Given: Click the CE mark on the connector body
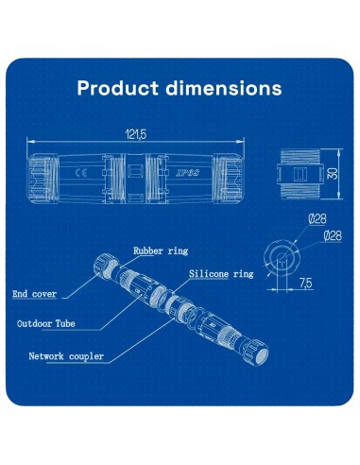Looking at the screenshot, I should tap(81, 174).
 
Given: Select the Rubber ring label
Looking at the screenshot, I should tap(162, 251).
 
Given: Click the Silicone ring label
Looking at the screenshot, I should tap(221, 273).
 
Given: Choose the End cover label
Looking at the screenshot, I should tap(35, 294).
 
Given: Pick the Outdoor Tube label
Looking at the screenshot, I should tap(46, 323).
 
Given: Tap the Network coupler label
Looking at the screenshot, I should tap(66, 357).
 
